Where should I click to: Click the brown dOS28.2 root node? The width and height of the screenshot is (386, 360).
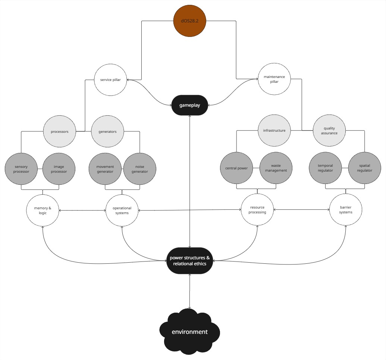[x=190, y=21]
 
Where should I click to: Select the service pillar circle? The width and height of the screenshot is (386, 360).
[x=110, y=79]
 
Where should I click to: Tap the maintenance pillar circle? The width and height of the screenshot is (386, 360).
[x=274, y=79]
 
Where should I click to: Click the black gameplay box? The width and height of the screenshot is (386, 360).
[x=189, y=105]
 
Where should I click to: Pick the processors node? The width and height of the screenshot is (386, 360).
[x=60, y=131]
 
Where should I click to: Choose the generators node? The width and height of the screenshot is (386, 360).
[x=107, y=131]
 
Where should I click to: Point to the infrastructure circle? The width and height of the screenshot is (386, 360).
[x=274, y=131]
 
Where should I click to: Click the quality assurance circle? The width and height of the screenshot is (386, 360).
[x=329, y=131]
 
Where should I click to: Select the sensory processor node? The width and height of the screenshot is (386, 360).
[x=21, y=169]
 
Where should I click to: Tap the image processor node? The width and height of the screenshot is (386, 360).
[x=59, y=169]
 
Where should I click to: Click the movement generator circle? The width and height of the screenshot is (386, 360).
[x=105, y=169]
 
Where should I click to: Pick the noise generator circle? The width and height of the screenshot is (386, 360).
[x=140, y=169]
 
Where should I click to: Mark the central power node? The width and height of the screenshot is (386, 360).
[x=236, y=168]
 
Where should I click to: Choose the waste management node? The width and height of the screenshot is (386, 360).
[x=276, y=168]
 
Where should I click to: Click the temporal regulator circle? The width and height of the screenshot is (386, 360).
[x=325, y=168]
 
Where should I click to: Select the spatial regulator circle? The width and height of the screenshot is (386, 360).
[x=365, y=168]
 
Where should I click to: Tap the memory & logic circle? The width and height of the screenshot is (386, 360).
[x=43, y=210]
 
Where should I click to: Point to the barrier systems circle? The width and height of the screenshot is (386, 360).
[x=346, y=210]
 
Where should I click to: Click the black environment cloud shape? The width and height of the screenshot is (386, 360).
[x=189, y=332]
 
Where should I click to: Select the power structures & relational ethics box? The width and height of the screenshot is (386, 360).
[x=189, y=261]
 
